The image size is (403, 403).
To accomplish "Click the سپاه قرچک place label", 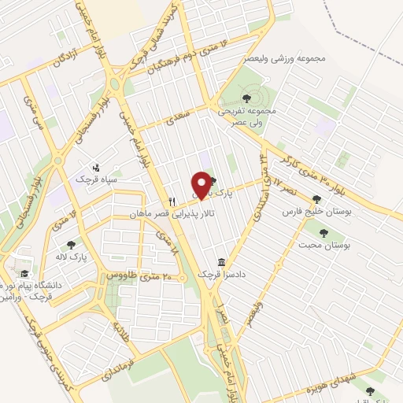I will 97,179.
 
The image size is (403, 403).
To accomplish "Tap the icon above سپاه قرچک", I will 97,167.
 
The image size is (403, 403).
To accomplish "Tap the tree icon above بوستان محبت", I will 323,232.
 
